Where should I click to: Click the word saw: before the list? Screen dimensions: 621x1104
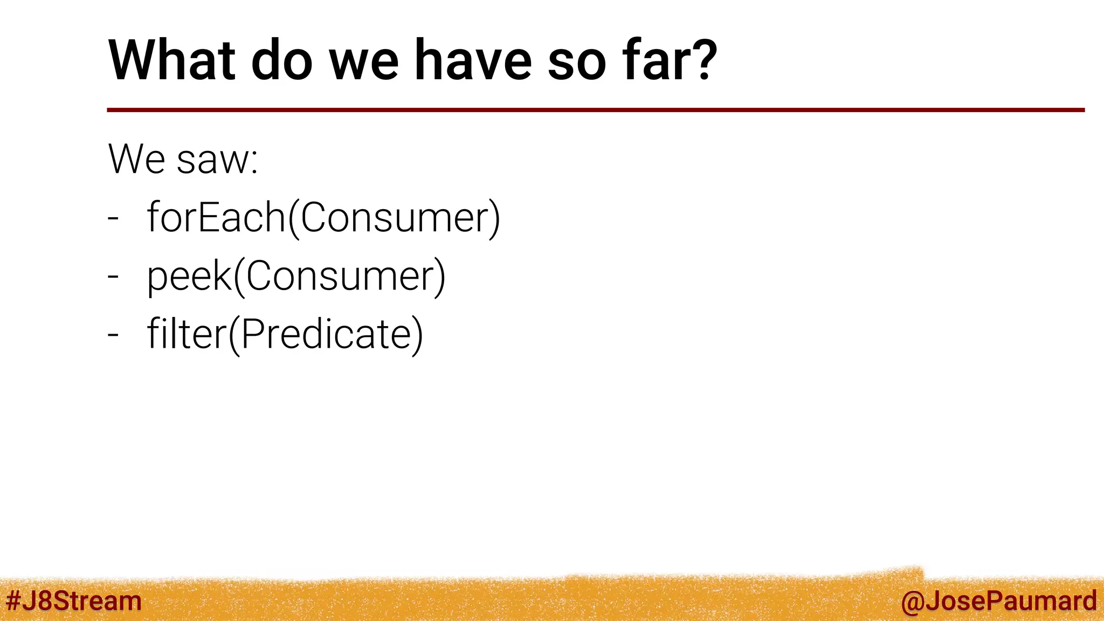point(218,160)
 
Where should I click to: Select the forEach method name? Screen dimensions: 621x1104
point(216,217)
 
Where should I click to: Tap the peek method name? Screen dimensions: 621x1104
point(189,276)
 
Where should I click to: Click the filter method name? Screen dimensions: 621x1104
point(187,334)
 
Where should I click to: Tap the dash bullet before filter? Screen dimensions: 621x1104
point(113,335)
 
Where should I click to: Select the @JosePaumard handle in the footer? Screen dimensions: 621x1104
point(998,601)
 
